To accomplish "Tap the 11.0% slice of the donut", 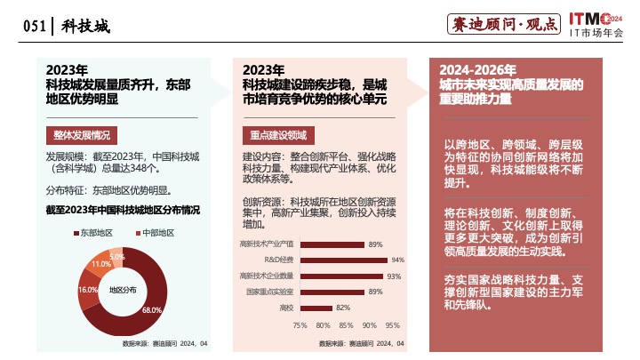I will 100,264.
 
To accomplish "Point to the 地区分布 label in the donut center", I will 123,290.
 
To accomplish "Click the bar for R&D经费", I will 342,260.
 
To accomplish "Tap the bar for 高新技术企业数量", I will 340,276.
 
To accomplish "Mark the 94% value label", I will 397,260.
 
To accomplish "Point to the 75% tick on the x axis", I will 300,324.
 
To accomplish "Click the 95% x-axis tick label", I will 393,324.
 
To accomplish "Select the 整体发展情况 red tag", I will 82,136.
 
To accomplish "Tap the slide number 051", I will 33,27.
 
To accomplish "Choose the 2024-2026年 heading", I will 478,70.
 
